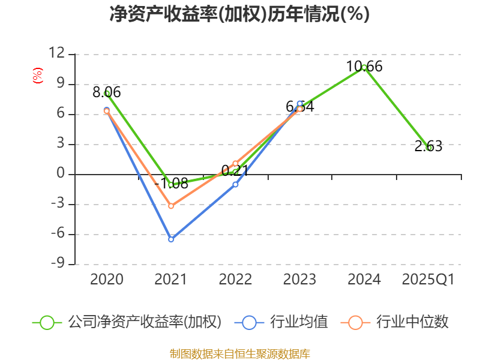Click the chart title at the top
tap(239, 14)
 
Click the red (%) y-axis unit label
tap(38, 76)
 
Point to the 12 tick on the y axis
tap(56, 54)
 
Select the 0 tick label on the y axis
tap(60, 175)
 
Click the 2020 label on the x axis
tap(107, 280)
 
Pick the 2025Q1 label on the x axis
tap(428, 280)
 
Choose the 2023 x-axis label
tap(299, 280)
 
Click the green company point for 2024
tap(364, 67)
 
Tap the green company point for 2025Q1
tap(429, 148)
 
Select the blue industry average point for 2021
tap(171, 239)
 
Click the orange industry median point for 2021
tap(171, 206)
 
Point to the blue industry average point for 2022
tap(235, 184)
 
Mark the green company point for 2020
tap(107, 94)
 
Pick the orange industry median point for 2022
tap(235, 163)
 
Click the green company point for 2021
tap(171, 185)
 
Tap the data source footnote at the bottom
tap(239, 353)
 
